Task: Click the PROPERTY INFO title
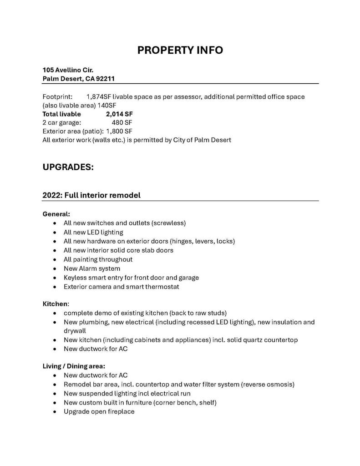click(x=180, y=50)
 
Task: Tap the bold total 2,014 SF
click(x=119, y=114)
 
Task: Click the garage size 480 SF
click(x=122, y=123)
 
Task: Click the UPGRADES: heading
click(x=68, y=167)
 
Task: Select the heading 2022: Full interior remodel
click(x=91, y=195)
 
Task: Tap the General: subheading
click(x=56, y=214)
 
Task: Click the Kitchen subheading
click(x=55, y=304)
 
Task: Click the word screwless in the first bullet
click(x=169, y=223)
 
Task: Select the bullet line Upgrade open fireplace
click(x=99, y=411)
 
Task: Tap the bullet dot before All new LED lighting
click(x=55, y=233)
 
